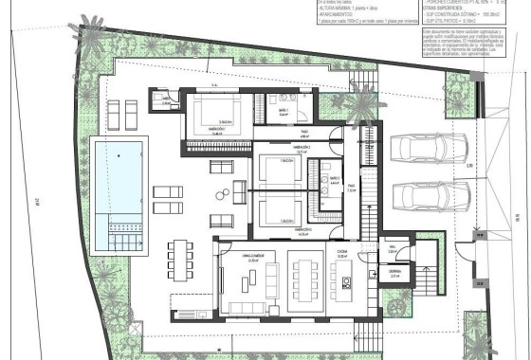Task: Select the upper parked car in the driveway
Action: [x=429, y=149]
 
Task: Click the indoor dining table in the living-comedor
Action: [x=305, y=280]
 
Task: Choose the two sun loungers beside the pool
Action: [x=167, y=199]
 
